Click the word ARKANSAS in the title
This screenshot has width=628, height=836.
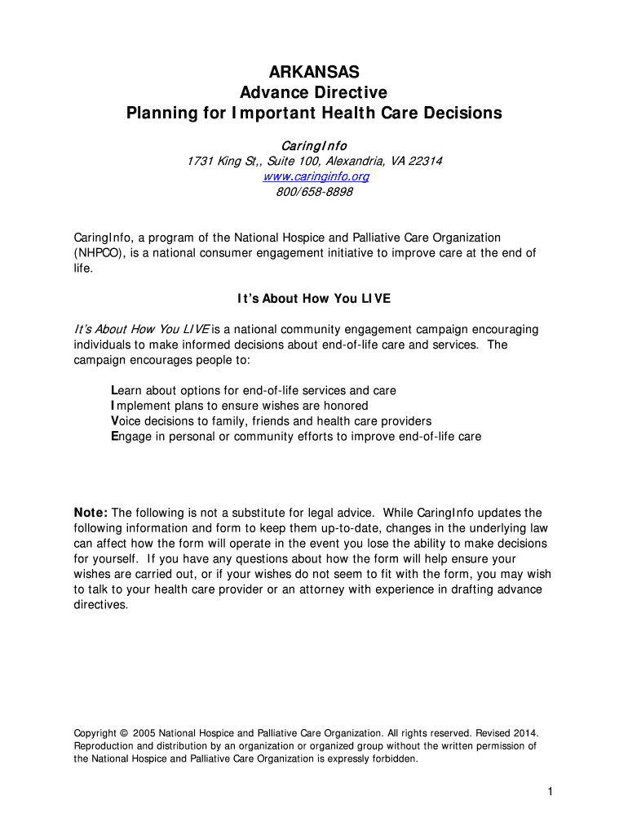click(x=314, y=73)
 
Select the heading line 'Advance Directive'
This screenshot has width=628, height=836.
click(x=314, y=92)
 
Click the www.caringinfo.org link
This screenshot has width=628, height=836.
click(x=314, y=176)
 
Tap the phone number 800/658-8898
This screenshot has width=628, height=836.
click(x=314, y=192)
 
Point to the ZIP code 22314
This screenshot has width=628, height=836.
click(x=425, y=161)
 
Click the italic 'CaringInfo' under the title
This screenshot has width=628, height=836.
click(x=314, y=145)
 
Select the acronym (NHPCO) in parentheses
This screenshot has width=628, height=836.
click(x=98, y=253)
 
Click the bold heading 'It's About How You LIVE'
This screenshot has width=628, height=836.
click(x=314, y=299)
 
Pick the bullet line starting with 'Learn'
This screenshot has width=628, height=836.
click(x=254, y=390)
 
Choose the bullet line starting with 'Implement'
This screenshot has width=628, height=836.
click(x=240, y=406)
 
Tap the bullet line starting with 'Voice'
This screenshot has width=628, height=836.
click(x=272, y=421)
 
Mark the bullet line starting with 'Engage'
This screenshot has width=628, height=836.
click(x=296, y=437)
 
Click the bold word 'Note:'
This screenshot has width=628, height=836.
click(x=91, y=513)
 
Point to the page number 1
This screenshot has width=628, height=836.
click(x=551, y=792)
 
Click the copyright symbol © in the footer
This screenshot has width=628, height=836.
click(x=124, y=733)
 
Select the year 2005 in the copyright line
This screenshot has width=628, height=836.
click(x=144, y=733)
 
